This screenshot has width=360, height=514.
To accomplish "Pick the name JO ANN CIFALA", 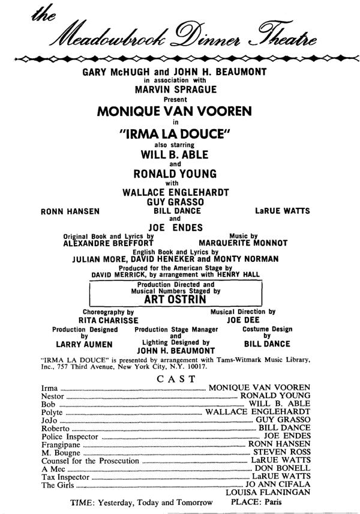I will pos(277,484).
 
